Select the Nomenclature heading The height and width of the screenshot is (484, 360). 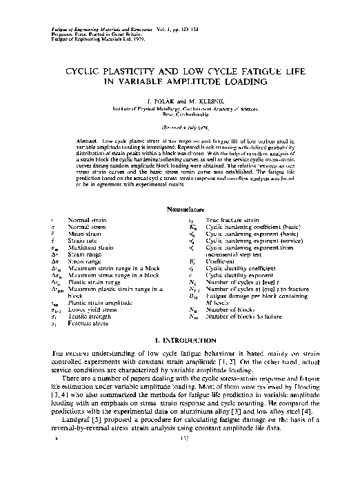[181, 208]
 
